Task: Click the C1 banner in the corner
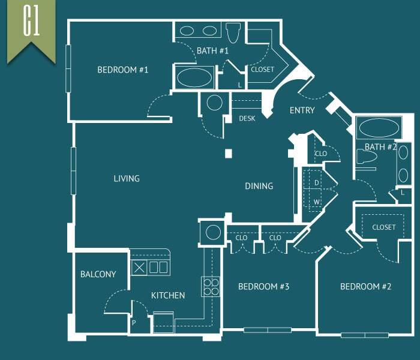(x=31, y=29)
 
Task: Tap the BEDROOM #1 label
(x=122, y=70)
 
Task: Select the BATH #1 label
(x=212, y=50)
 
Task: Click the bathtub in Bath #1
(x=194, y=77)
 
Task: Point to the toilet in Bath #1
(x=233, y=32)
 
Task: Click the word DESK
(x=247, y=118)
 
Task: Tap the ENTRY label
(x=302, y=110)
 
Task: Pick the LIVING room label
(x=127, y=178)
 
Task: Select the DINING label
(x=259, y=186)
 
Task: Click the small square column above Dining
(x=229, y=154)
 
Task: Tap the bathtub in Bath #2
(x=379, y=128)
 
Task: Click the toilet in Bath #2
(x=367, y=157)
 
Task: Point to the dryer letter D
(x=317, y=182)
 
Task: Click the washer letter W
(x=317, y=202)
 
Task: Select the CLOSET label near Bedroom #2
(x=383, y=227)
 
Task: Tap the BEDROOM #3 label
(x=263, y=287)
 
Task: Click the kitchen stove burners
(x=211, y=287)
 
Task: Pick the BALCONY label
(x=98, y=274)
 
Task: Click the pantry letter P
(x=134, y=323)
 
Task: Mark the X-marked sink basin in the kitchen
(x=139, y=268)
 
